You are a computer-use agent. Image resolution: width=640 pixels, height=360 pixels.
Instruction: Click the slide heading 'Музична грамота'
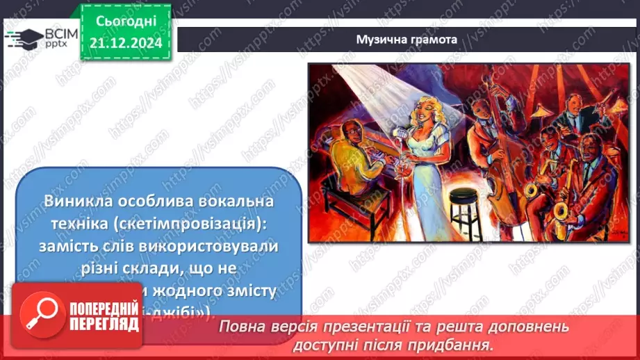coord(407,40)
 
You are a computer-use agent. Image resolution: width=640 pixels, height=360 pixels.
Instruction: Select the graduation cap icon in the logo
coord(24,36)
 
